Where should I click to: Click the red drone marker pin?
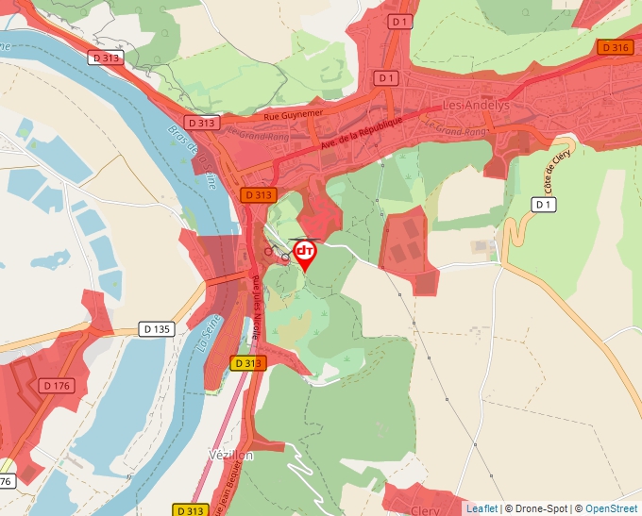tap(305, 253)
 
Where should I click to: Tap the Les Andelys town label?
tap(476, 106)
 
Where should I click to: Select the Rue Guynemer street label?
tap(294, 113)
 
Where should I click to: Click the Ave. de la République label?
tap(362, 134)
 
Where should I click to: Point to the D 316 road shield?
tap(614, 47)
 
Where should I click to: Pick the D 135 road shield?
tap(157, 329)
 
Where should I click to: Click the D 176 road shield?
tap(57, 385)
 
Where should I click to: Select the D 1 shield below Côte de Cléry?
tap(543, 205)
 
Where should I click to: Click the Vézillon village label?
tap(230, 455)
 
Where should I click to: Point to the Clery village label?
tap(425, 509)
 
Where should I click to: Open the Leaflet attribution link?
tap(481, 508)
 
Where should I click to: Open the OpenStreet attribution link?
tap(611, 508)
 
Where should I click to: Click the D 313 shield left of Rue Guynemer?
tap(201, 123)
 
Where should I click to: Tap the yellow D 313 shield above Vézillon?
tap(247, 363)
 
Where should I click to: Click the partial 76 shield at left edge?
tap(5, 481)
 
